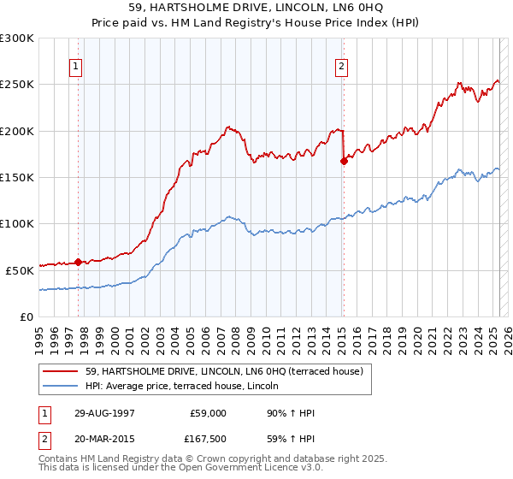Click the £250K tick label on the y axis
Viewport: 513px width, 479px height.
(x=17, y=85)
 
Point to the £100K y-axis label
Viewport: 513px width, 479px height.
(x=17, y=223)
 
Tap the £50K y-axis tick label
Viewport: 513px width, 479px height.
(x=20, y=269)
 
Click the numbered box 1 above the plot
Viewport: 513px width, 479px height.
(x=76, y=68)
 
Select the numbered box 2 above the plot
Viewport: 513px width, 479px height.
(x=341, y=68)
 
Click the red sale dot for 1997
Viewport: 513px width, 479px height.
(x=78, y=262)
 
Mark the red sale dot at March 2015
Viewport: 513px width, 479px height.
(x=344, y=160)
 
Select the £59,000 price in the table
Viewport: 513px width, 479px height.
(x=208, y=413)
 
